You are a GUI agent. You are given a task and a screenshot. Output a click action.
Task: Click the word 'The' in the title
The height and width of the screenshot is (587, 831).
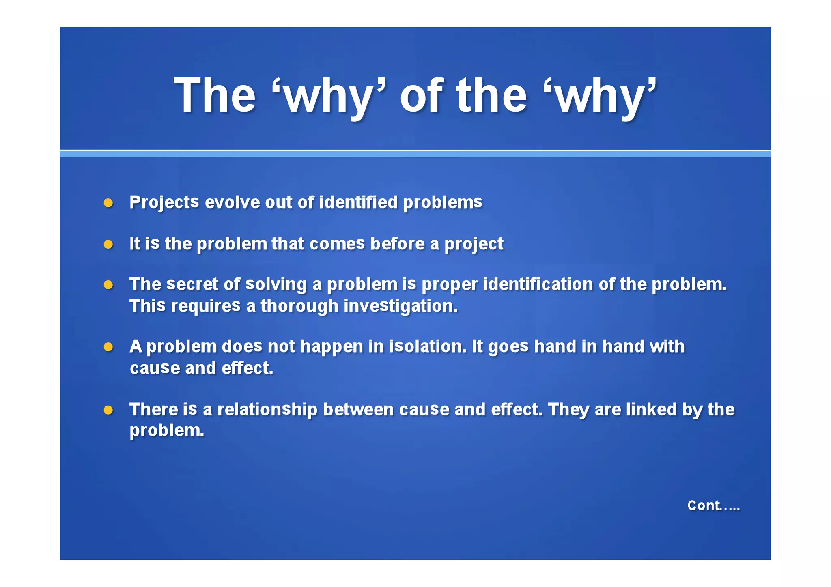pyautogui.click(x=215, y=96)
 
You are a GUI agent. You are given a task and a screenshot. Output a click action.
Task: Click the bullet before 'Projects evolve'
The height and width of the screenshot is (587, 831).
pyautogui.click(x=108, y=203)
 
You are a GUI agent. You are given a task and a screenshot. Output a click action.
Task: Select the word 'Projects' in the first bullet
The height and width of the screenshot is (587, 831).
pyautogui.click(x=164, y=202)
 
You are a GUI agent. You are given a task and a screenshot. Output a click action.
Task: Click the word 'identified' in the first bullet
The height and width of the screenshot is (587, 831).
pyautogui.click(x=358, y=202)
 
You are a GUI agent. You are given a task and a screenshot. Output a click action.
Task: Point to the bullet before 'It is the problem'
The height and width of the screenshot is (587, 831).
pyautogui.click(x=108, y=244)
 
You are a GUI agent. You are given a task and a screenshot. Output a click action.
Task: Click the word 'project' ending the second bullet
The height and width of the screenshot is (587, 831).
pyautogui.click(x=474, y=244)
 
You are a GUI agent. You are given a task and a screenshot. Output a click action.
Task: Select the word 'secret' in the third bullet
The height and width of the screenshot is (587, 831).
pyautogui.click(x=193, y=284)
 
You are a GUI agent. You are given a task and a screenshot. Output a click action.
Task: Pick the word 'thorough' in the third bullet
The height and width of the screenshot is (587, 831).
pyautogui.click(x=299, y=306)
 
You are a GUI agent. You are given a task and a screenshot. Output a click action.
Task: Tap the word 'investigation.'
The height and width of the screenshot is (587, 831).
pyautogui.click(x=400, y=306)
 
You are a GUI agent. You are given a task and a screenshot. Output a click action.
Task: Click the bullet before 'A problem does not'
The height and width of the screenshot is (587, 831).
pyautogui.click(x=108, y=347)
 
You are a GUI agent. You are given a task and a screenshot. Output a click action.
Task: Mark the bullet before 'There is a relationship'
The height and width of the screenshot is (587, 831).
pyautogui.click(x=108, y=410)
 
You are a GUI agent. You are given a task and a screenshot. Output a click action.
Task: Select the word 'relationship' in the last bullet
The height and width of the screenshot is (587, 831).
pyautogui.click(x=267, y=409)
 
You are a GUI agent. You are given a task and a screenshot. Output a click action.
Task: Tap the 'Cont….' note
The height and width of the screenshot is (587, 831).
pyautogui.click(x=713, y=505)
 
